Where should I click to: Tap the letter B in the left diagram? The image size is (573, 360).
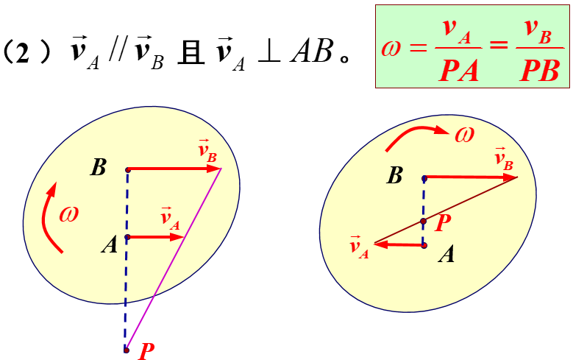[99, 168]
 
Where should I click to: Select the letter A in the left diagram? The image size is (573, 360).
[110, 244]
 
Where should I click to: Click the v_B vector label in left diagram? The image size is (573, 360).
[207, 152]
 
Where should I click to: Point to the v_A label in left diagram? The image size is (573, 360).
[170, 219]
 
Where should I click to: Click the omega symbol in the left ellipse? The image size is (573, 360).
[68, 213]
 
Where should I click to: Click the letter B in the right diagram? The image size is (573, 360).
[395, 175]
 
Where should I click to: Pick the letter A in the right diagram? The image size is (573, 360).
[446, 255]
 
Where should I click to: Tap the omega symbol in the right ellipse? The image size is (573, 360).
[464, 134]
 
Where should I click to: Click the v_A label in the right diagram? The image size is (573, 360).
[360, 245]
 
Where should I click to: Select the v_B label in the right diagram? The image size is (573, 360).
[504, 159]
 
